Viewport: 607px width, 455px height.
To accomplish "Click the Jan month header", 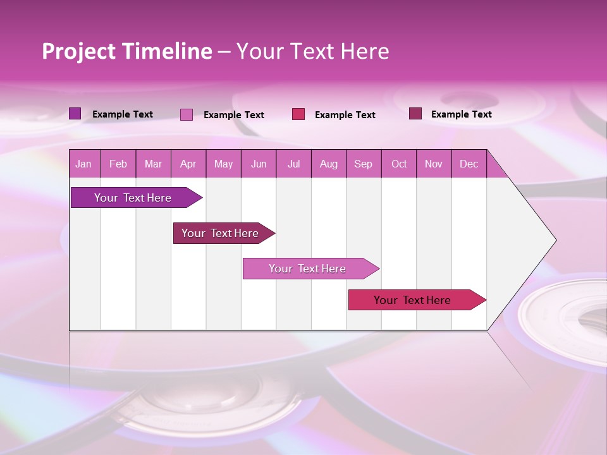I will (x=83, y=164).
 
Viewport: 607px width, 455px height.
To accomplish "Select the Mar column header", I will (x=153, y=164).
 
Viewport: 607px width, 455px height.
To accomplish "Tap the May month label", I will (x=223, y=164).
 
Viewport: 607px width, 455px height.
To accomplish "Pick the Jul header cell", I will (x=293, y=164).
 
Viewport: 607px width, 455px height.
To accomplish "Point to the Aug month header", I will (x=328, y=164).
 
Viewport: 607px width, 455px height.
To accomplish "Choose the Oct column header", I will (x=398, y=164).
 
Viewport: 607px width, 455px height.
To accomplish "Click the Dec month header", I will (x=469, y=164).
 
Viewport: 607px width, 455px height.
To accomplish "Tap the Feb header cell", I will (x=118, y=164).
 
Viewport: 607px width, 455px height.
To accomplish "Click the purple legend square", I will (x=75, y=114).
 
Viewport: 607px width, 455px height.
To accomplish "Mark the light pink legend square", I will (x=187, y=114).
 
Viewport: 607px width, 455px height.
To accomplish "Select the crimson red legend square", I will (x=298, y=114).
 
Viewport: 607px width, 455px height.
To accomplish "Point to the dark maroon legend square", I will (x=415, y=114).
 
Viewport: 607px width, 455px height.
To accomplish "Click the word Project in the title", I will (x=78, y=51).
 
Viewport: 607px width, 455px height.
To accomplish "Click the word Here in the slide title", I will (x=365, y=51).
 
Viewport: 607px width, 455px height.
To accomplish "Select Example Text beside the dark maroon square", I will (x=461, y=114).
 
